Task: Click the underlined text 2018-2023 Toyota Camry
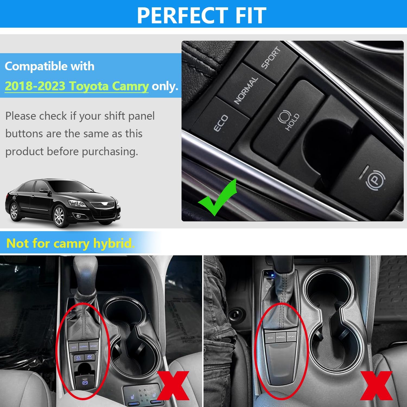coord(77,86)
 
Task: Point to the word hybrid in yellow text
coord(114,243)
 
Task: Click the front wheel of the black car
coord(59,216)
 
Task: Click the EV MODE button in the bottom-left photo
coord(89,357)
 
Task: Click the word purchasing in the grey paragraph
coord(110,152)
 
